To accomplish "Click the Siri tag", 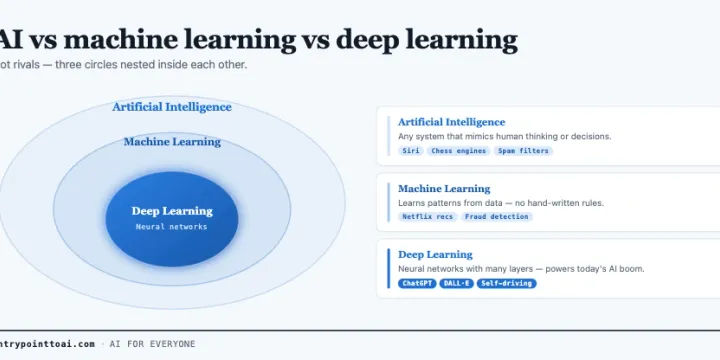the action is (x=411, y=151).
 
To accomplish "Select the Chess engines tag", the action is (x=459, y=151).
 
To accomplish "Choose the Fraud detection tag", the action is (x=497, y=217).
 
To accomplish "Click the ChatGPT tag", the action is (x=417, y=283).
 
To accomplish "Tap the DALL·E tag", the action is (x=456, y=283).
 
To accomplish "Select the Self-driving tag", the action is (x=506, y=283).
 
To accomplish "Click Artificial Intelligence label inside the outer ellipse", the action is (x=172, y=107).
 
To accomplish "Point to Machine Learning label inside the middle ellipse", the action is (x=172, y=142).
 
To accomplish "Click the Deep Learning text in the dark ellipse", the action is (x=172, y=211).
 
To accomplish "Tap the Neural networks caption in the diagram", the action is (x=172, y=227).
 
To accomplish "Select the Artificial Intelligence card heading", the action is (x=451, y=122).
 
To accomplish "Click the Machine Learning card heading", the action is (x=444, y=189).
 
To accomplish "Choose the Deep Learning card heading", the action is (x=435, y=255).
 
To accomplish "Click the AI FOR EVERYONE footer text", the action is (x=152, y=344).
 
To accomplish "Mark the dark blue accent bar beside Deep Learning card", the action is (x=388, y=269).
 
